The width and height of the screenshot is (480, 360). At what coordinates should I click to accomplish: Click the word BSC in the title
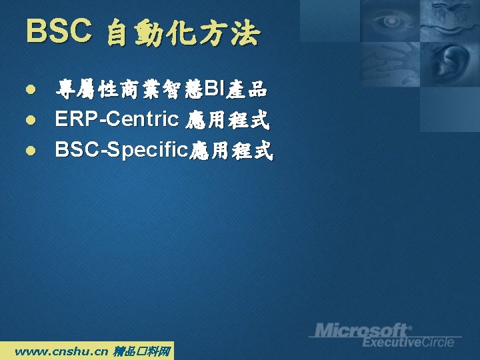pyautogui.click(x=59, y=30)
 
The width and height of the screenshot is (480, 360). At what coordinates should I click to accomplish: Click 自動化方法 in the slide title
pyautogui.click(x=184, y=32)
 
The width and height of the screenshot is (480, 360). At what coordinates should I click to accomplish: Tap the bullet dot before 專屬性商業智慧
pyautogui.click(x=31, y=89)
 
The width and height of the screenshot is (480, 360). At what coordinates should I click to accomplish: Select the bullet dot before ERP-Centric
pyautogui.click(x=31, y=120)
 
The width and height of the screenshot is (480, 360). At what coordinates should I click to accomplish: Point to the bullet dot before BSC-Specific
pyautogui.click(x=31, y=150)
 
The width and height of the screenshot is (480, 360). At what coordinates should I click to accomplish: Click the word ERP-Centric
pyautogui.click(x=117, y=119)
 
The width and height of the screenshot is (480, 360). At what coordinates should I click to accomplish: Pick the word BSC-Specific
pyautogui.click(x=121, y=150)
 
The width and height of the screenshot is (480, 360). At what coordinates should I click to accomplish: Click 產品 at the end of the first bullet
pyautogui.click(x=247, y=89)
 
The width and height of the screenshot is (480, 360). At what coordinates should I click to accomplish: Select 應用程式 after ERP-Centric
pyautogui.click(x=227, y=120)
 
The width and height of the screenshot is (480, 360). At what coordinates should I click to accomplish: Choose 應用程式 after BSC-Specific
pyautogui.click(x=231, y=150)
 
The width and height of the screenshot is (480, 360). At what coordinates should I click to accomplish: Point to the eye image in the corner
pyautogui.click(x=390, y=21)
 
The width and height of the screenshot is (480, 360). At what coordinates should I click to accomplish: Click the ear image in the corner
pyautogui.click(x=450, y=63)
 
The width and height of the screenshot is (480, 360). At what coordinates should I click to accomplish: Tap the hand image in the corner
pyautogui.click(x=390, y=64)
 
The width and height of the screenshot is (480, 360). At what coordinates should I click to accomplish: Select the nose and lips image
pyautogui.click(x=450, y=21)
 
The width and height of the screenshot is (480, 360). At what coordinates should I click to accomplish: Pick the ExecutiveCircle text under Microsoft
pyautogui.click(x=408, y=342)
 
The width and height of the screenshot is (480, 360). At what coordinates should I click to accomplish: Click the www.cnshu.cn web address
pyautogui.click(x=61, y=351)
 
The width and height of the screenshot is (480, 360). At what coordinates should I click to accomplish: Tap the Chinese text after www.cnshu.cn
pyautogui.click(x=141, y=351)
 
